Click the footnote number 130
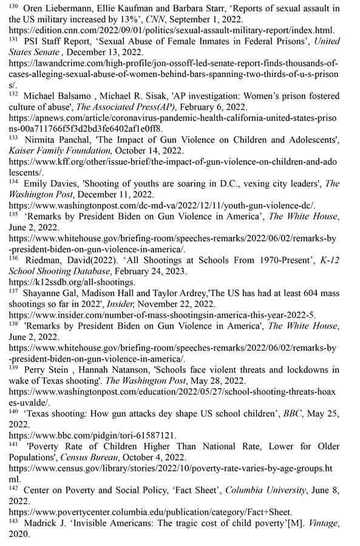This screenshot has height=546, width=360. (x=13, y=6)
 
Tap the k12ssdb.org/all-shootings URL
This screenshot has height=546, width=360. (x=72, y=282)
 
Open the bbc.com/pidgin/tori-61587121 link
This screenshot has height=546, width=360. (x=93, y=435)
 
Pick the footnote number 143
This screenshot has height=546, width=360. (x=13, y=520)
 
